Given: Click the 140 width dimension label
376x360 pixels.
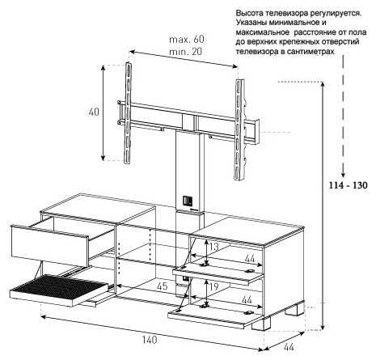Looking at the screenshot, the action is point(149,340).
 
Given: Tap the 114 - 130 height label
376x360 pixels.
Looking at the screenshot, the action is point(348,185).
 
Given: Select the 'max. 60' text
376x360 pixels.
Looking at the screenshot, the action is point(187,40).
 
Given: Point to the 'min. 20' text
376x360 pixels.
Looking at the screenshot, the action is point(186,51).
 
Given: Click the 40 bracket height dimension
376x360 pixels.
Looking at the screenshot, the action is point(94,112).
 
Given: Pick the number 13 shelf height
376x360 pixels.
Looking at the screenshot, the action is point(214,247).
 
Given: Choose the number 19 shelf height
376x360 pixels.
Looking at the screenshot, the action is point(214,286).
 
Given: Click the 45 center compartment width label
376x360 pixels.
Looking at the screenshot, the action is point(163,286).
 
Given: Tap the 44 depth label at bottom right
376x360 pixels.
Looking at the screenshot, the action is point(289,347).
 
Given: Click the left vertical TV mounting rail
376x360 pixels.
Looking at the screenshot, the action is point(128,113).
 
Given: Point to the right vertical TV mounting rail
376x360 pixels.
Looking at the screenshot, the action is point(239,129).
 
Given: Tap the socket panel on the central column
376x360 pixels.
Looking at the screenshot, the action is point(188,201).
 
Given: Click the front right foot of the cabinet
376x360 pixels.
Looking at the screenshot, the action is point(261,324).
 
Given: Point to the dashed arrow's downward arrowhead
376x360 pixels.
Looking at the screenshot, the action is point(343,174).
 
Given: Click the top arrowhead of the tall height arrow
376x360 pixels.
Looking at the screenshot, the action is point(323,84).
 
